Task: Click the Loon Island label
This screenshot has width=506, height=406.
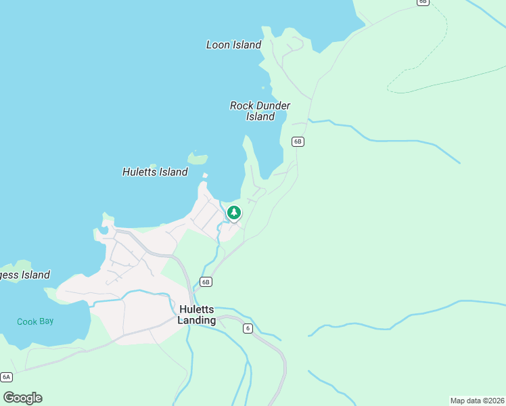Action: (233, 45)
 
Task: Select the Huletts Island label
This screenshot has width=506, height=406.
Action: (155, 172)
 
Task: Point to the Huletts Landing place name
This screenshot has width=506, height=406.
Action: (197, 315)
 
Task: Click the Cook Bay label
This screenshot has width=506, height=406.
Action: (35, 321)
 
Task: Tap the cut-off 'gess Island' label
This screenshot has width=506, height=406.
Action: (24, 275)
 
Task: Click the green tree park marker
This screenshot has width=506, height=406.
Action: (233, 212)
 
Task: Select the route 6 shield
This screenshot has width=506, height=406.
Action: (248, 328)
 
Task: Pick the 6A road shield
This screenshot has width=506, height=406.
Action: (6, 377)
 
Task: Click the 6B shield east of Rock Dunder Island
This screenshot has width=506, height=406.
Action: (298, 141)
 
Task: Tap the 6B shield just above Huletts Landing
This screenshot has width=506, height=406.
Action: (206, 281)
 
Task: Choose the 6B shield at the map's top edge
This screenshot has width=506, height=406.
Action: (423, 2)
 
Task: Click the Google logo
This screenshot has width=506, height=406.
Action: (22, 398)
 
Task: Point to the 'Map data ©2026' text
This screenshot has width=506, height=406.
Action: (477, 401)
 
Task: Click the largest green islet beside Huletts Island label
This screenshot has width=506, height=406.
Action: (198, 159)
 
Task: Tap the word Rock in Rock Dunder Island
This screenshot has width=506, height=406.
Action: (241, 106)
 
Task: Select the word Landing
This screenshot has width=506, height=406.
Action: (197, 320)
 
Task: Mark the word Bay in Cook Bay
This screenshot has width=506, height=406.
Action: (46, 321)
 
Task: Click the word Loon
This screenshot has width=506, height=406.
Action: (218, 45)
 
